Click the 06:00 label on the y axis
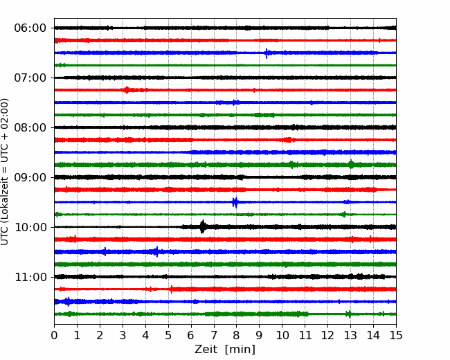tap(30, 28)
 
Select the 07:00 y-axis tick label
tap(30, 78)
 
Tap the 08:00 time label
tap(30, 127)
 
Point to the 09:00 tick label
tap(30, 177)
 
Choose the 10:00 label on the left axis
tap(30, 227)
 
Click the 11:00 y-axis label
tap(30, 277)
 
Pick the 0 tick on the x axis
tap(54, 335)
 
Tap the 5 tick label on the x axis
tap(168, 335)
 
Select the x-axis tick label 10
tap(282, 335)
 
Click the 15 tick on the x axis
tap(396, 335)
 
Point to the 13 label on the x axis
tap(350, 335)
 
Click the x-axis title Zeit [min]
tap(225, 350)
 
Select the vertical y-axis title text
tap(5, 172)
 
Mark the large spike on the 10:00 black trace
tap(203, 227)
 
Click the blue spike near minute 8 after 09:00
tap(235, 202)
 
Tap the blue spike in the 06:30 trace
tap(267, 53)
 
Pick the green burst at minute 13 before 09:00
tap(351, 165)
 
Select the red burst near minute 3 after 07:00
tap(127, 90)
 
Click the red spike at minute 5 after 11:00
tap(171, 289)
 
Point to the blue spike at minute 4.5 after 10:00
tap(156, 252)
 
